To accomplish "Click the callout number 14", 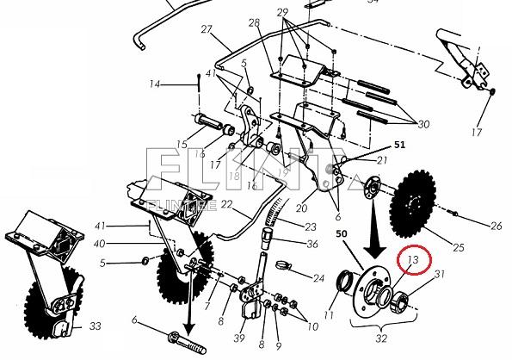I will [x=155, y=84].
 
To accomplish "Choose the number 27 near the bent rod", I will [x=207, y=30].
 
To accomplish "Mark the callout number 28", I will [x=254, y=22].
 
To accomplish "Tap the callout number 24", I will [x=318, y=278].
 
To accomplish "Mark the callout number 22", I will [x=227, y=204].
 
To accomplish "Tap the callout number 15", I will [x=182, y=144].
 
